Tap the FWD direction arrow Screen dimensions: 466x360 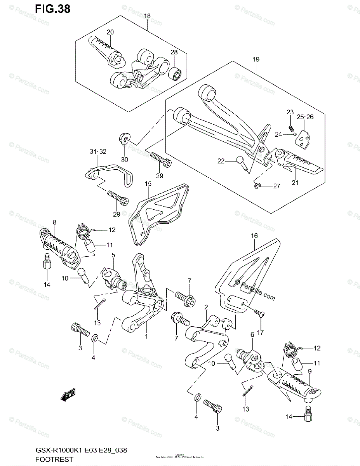pos(68,395)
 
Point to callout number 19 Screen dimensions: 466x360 pos(256,59)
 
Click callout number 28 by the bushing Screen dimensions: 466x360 pos(174,52)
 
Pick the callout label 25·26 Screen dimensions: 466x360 pos(305,116)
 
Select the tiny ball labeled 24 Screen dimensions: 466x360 pos(296,135)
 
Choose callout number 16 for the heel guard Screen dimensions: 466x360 pos(254,235)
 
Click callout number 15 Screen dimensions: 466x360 pos(148,183)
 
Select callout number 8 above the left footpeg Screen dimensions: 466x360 pos(54,222)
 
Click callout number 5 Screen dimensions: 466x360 pos(113,255)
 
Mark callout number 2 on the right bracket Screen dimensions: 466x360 pos(206,307)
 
